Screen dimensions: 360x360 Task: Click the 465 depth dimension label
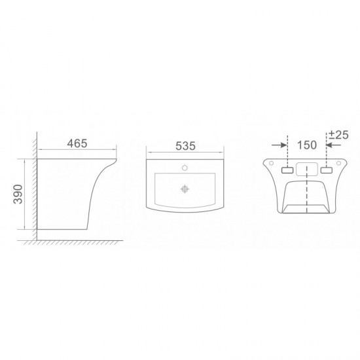pos(77,144)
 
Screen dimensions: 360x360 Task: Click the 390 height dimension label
pos(18,194)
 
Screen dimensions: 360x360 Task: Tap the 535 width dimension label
pos(185,146)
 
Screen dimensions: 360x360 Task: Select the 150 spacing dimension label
pos(307,145)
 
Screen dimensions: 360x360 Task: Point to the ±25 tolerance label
pos(338,135)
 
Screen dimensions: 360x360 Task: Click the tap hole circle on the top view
pos(185,168)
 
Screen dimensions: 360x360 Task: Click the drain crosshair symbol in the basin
pos(185,189)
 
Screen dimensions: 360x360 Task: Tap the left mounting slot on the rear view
pos(287,170)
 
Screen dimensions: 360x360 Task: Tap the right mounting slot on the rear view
pos(327,170)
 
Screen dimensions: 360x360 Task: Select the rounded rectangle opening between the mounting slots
pos(307,170)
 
